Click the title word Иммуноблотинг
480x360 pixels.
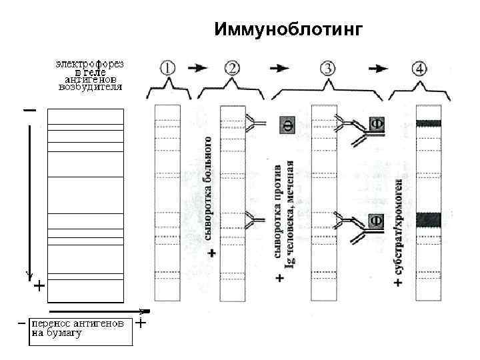coord(289,30)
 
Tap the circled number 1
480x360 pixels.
coord(167,67)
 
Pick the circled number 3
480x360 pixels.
coord(328,67)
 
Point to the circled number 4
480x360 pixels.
coord(421,67)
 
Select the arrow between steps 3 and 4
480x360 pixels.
coord(378,67)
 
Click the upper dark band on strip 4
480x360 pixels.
coord(429,123)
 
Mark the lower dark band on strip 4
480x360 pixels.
coord(429,218)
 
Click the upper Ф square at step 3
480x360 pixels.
coord(377,124)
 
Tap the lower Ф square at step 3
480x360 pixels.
coord(377,219)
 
